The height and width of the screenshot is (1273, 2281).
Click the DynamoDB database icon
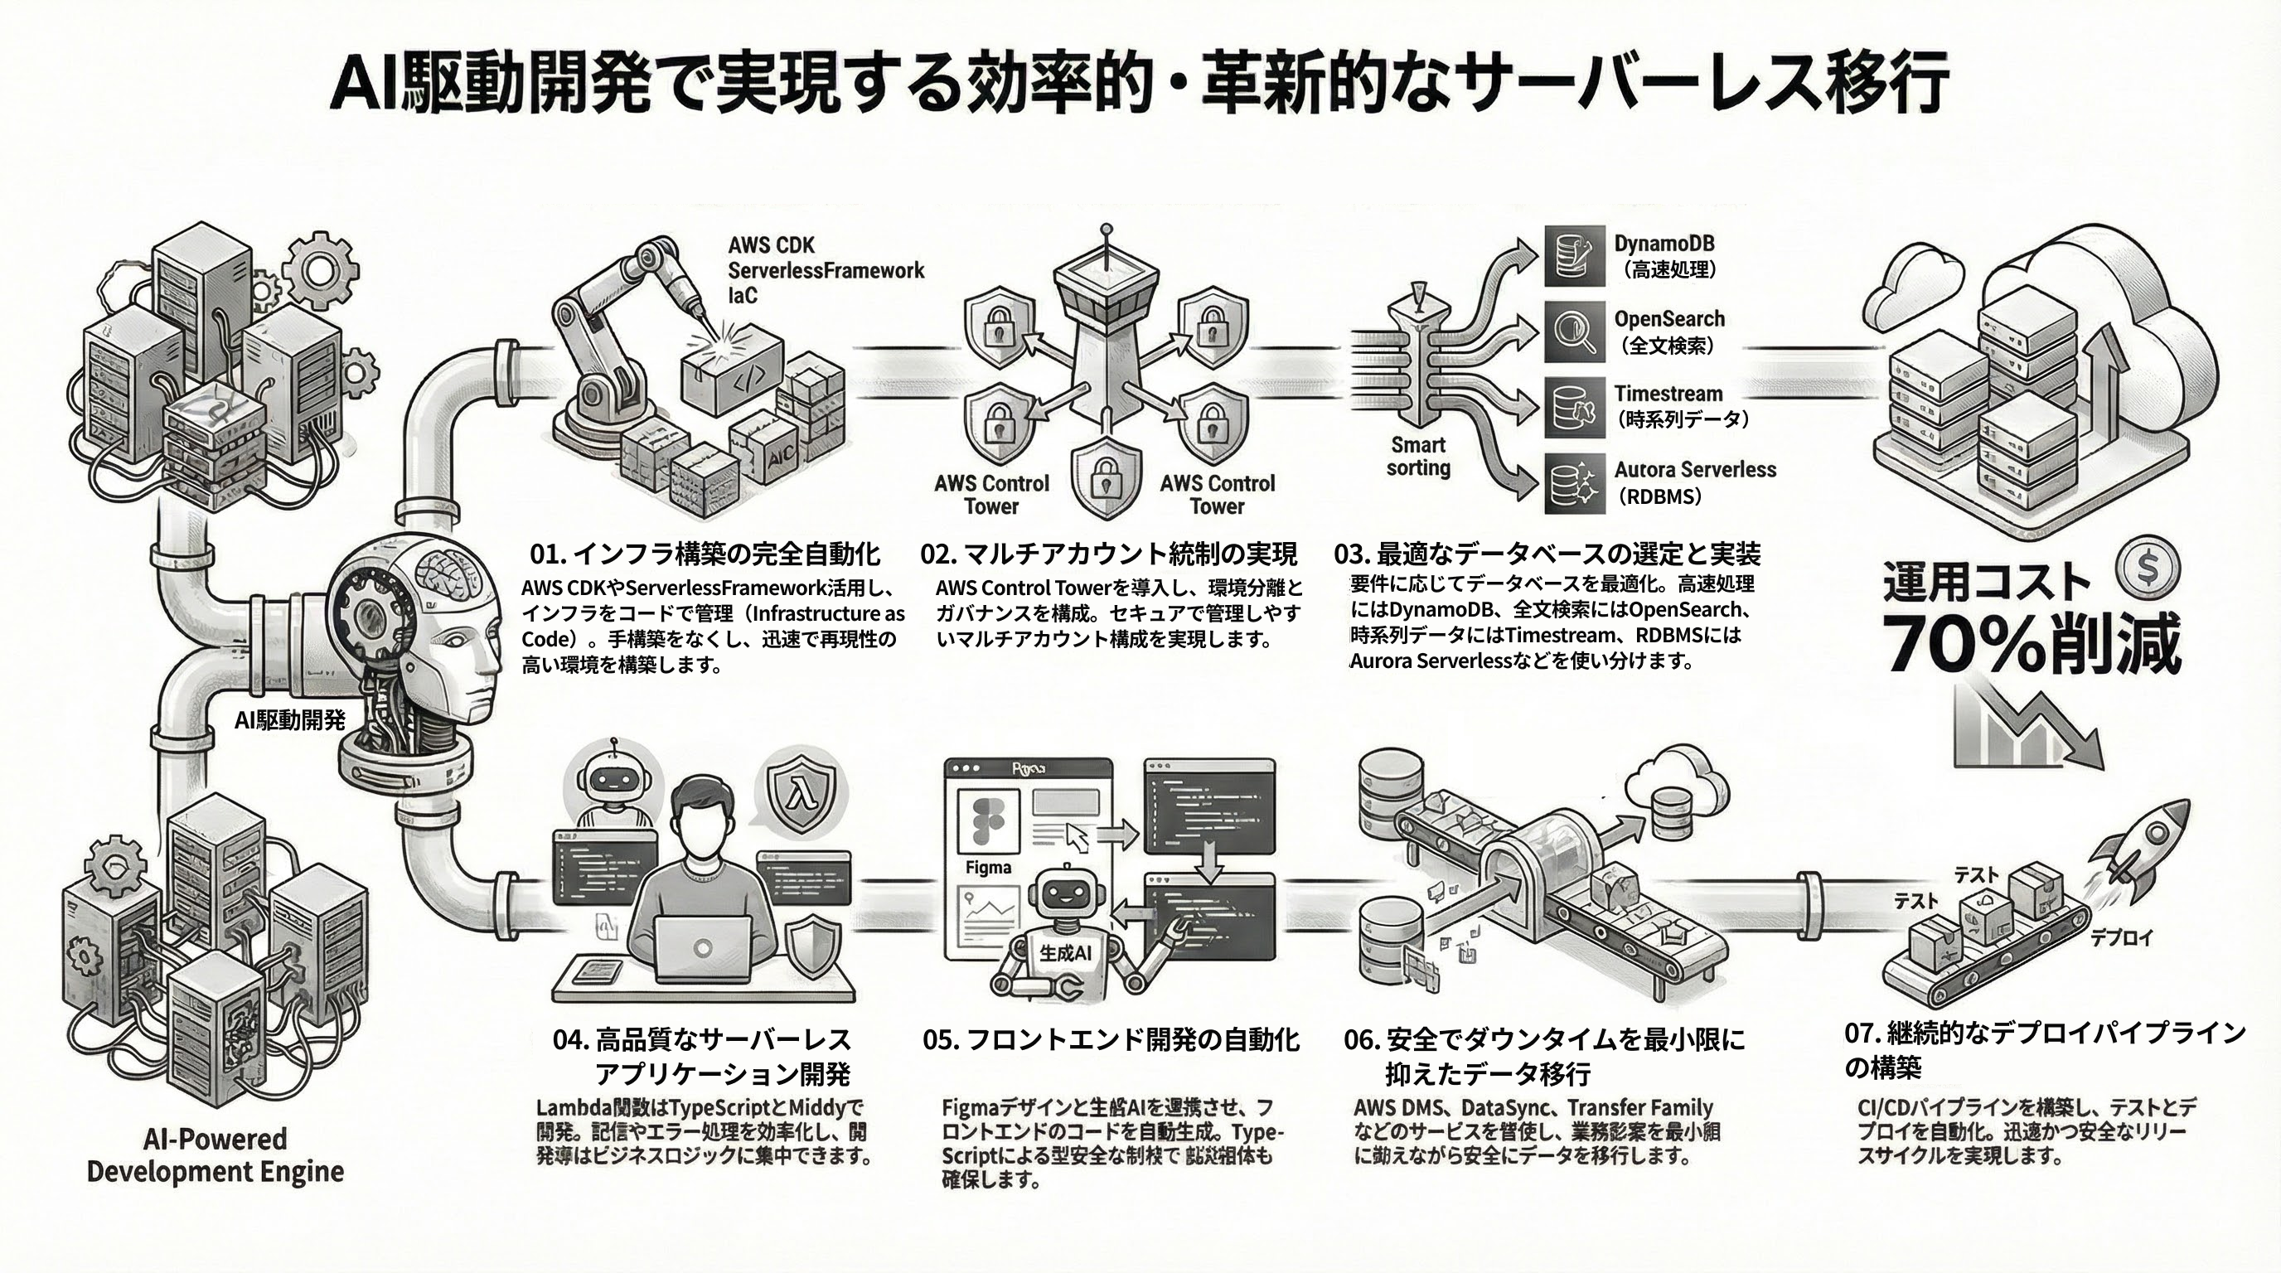(1574, 255)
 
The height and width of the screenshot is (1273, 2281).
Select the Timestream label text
(1668, 394)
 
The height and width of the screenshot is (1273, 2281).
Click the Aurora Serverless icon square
(1574, 483)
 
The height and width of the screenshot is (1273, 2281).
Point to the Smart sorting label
(1417, 457)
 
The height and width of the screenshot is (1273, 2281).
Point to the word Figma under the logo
(988, 868)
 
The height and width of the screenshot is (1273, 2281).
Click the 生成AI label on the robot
(1065, 952)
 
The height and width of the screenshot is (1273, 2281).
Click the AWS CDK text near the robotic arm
(770, 245)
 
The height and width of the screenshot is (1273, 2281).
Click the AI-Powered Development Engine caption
(216, 1154)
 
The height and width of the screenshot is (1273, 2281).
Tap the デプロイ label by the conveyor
(2121, 937)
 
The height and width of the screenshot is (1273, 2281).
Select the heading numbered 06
(1543, 1056)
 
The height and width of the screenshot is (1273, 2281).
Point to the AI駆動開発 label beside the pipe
(289, 720)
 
